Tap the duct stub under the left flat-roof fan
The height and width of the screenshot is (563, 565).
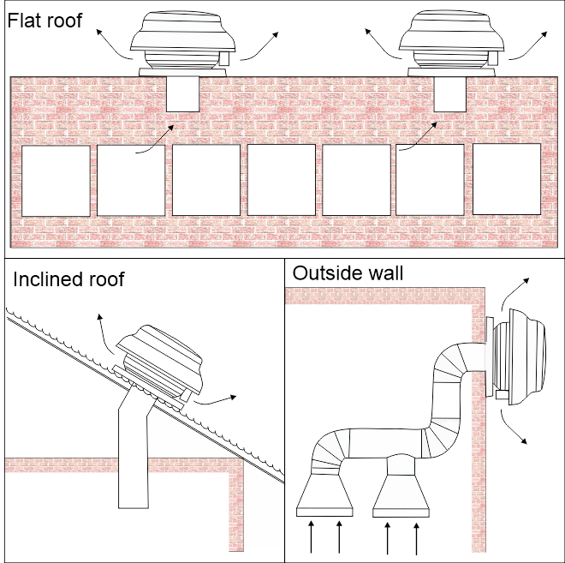click(x=181, y=94)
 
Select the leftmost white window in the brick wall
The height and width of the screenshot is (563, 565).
click(x=56, y=181)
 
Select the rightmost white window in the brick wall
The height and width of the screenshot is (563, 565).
click(x=507, y=179)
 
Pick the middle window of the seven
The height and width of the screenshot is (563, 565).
click(x=282, y=180)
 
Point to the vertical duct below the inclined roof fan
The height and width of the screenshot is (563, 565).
click(x=131, y=463)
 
